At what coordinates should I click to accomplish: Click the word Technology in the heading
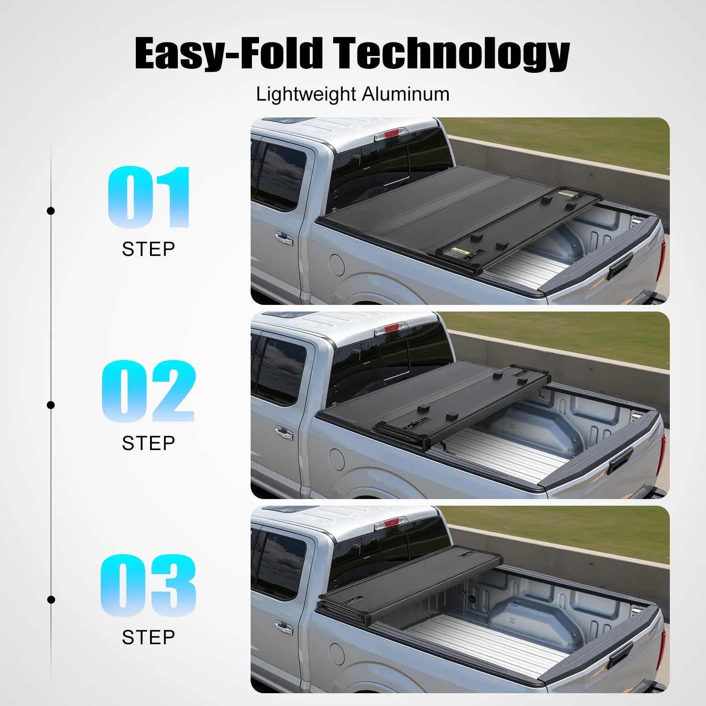click(451, 53)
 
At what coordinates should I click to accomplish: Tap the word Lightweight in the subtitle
click(306, 94)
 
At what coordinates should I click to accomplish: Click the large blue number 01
click(149, 197)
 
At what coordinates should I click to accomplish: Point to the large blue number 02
click(148, 391)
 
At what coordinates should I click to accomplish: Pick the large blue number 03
click(148, 586)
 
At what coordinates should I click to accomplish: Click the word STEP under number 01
click(148, 249)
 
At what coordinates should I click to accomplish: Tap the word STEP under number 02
click(148, 443)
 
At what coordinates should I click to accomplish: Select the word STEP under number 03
click(148, 638)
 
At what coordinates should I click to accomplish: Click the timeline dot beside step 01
click(51, 211)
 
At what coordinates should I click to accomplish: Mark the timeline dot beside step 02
click(51, 405)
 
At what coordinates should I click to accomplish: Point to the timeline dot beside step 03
click(51, 600)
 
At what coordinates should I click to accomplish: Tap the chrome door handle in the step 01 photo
click(284, 239)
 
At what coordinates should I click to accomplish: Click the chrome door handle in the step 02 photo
click(284, 433)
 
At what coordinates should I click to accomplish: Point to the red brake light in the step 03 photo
click(391, 523)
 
